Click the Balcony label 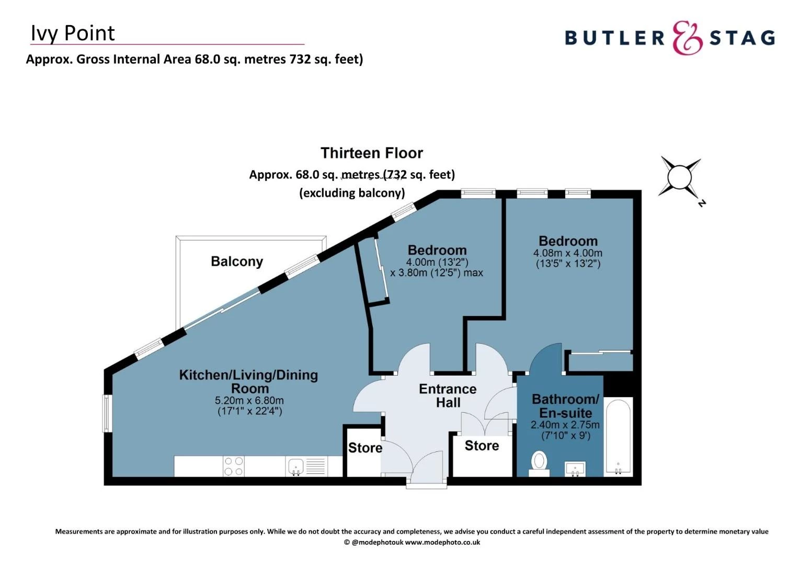[x=237, y=262]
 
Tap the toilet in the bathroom [x=539, y=463]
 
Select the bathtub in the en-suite [x=618, y=437]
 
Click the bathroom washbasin [x=575, y=469]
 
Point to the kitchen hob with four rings [x=233, y=466]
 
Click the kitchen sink [x=296, y=466]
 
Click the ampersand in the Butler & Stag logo [x=688, y=38]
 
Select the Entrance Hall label [x=448, y=396]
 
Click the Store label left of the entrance [x=365, y=448]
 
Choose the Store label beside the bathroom [x=482, y=446]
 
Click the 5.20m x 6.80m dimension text [x=249, y=401]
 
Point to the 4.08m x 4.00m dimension [x=568, y=253]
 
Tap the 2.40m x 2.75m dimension [x=565, y=425]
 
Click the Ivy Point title [x=73, y=33]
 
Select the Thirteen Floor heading [x=372, y=153]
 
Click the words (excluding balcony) [x=352, y=193]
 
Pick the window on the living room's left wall [x=107, y=413]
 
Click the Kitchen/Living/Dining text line [x=248, y=375]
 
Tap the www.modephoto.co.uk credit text [x=442, y=543]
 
